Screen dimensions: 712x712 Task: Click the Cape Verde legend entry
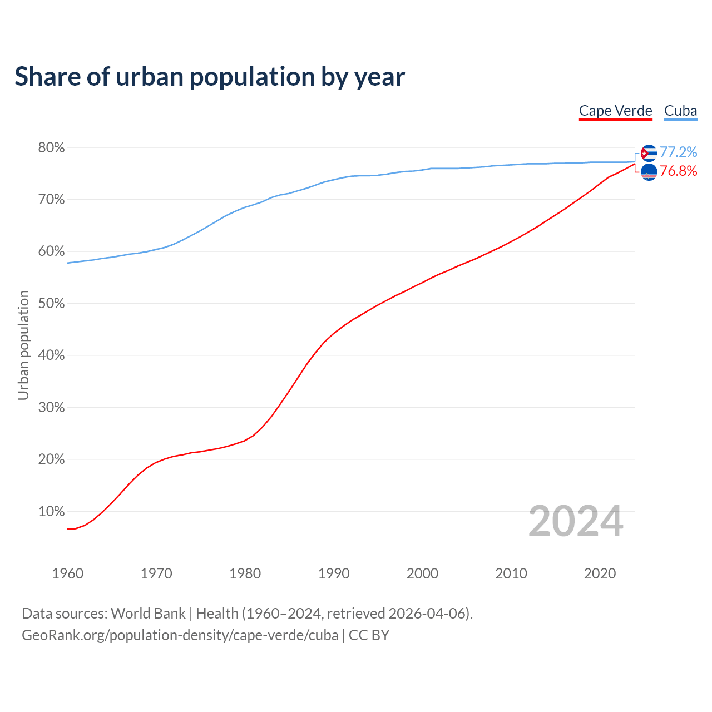coord(615,111)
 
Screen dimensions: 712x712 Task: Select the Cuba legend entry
coord(680,111)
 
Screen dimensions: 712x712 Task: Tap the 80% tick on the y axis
coord(51,148)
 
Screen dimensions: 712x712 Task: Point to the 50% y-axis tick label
coord(51,304)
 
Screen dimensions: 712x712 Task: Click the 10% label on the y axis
coord(51,512)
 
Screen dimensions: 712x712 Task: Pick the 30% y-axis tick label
coord(51,408)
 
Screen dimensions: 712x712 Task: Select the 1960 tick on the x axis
coord(67,573)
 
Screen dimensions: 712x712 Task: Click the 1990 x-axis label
coord(334,573)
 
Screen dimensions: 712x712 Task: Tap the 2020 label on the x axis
coord(600,573)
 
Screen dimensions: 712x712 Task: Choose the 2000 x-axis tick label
coord(422,573)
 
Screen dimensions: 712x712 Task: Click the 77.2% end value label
coord(678,152)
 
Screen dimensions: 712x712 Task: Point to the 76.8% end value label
coord(678,171)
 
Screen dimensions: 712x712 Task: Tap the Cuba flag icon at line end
coord(649,153)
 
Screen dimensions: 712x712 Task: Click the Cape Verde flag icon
coord(649,172)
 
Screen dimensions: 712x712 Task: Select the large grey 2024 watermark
coord(576,521)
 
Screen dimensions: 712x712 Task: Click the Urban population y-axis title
coord(23,345)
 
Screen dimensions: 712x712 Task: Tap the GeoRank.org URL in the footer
coord(180,635)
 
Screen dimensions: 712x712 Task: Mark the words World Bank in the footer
coord(148,614)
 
